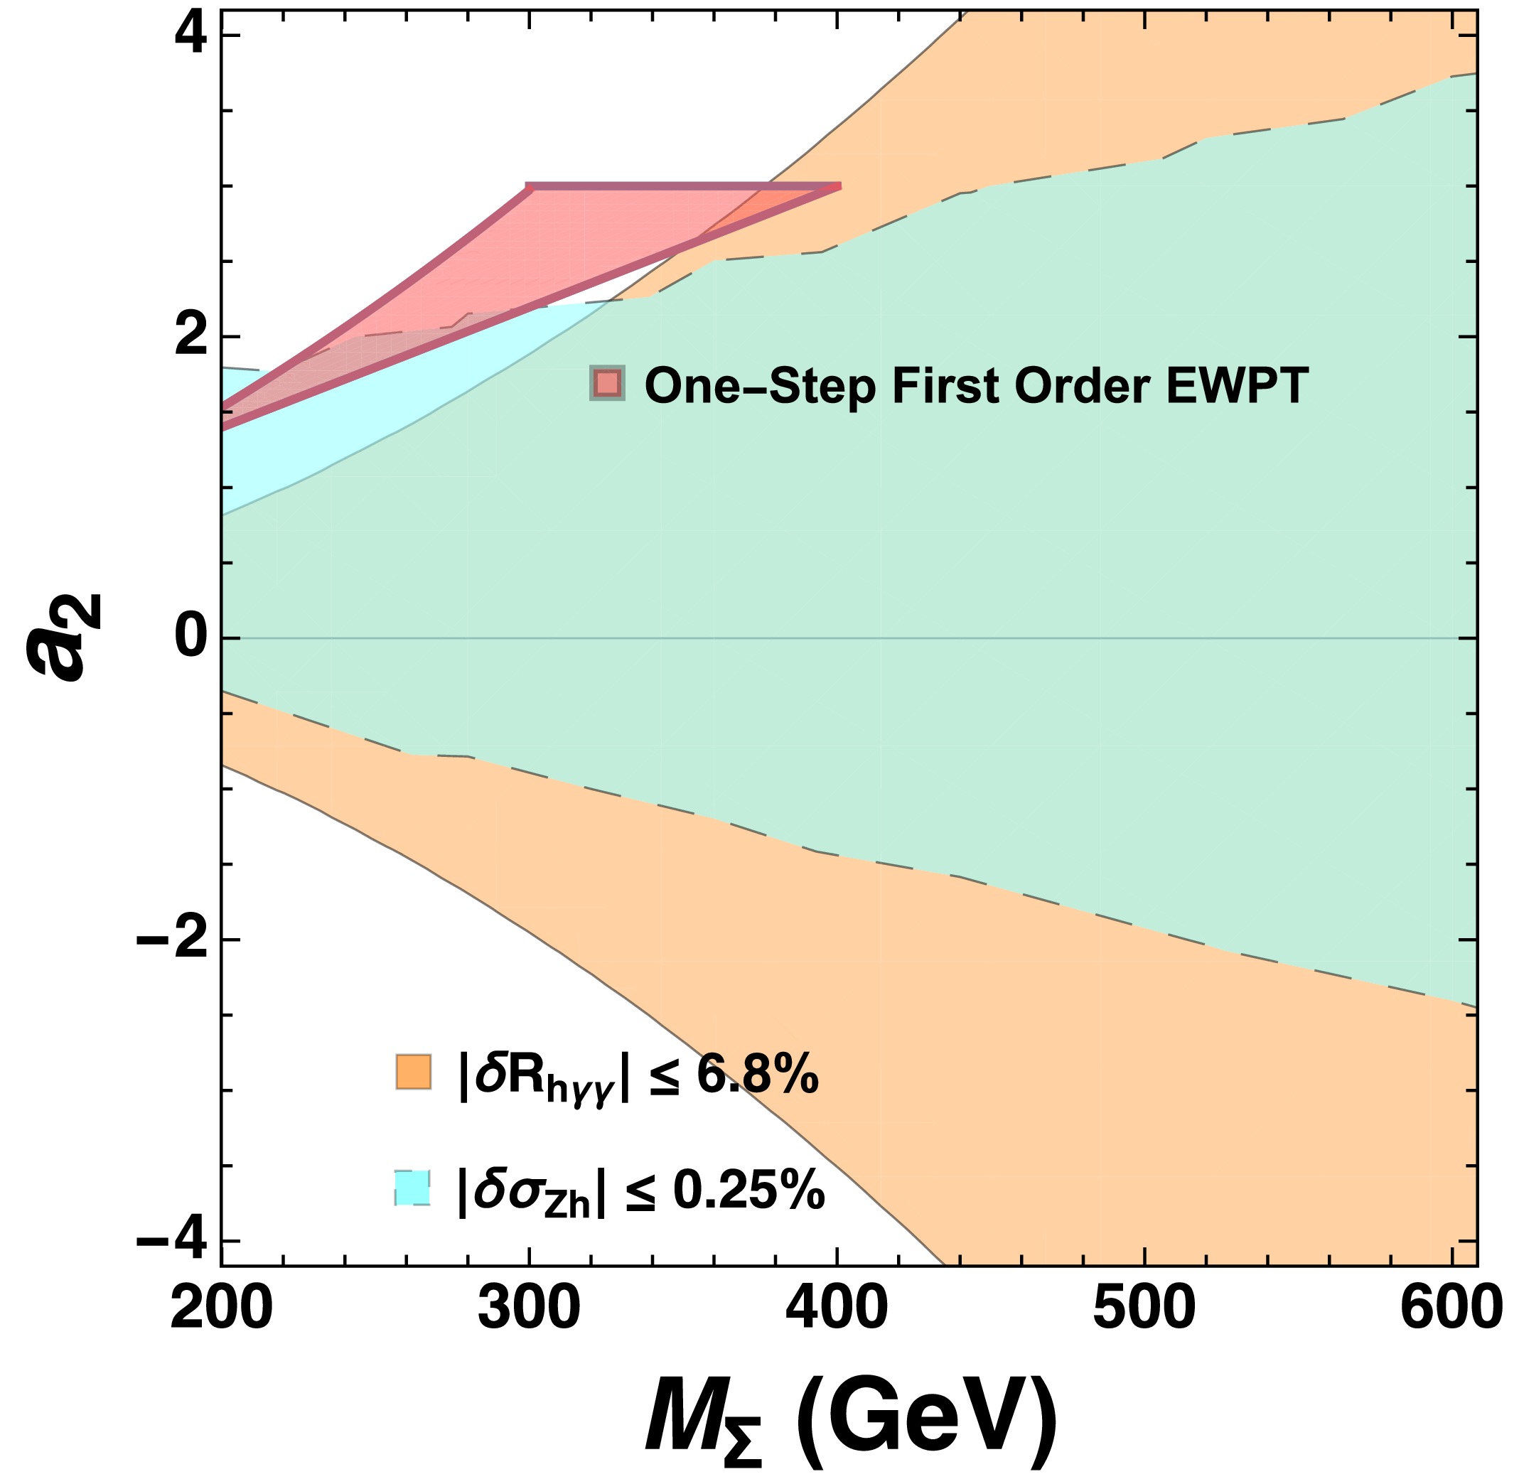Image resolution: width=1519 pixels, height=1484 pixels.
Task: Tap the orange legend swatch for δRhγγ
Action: click(x=413, y=1071)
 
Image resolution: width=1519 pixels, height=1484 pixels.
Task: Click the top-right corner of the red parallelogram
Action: click(x=839, y=186)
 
